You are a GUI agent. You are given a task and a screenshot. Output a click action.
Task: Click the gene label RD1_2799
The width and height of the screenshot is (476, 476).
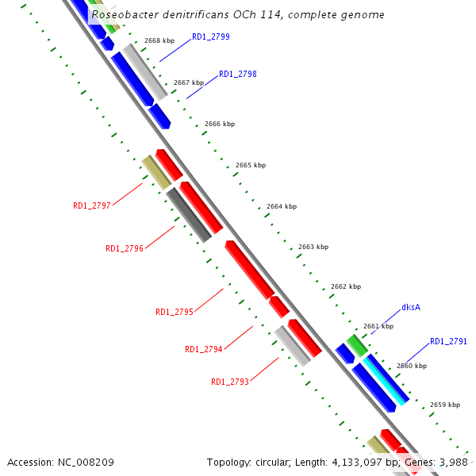(x=211, y=37)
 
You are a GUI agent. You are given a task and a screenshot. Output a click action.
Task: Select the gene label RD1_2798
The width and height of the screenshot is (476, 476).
(x=238, y=74)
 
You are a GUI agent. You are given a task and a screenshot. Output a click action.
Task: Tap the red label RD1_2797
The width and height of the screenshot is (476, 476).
(x=92, y=205)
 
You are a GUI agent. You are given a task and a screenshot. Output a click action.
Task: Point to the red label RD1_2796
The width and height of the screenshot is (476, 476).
(x=125, y=248)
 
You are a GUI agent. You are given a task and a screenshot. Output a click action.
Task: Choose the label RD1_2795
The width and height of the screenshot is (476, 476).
(x=175, y=312)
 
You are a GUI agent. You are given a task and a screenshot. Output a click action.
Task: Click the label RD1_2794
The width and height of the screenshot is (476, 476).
(x=204, y=349)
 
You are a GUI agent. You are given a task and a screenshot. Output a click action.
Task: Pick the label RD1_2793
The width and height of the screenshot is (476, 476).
(x=230, y=382)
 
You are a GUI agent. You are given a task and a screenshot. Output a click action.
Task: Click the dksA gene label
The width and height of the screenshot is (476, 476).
(x=411, y=307)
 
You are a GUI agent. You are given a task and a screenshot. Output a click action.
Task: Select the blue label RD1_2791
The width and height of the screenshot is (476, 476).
(x=448, y=341)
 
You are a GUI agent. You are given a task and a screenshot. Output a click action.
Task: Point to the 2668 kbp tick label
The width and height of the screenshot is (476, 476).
(x=159, y=40)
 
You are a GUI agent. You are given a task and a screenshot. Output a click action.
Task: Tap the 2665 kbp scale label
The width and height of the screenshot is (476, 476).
(x=251, y=165)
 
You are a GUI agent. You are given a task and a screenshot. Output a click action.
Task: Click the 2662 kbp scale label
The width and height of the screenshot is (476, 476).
(x=346, y=286)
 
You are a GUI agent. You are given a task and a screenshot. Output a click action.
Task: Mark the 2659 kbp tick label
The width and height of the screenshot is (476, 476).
(x=444, y=405)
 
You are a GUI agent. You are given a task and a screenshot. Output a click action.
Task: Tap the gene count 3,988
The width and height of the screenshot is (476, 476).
(x=453, y=462)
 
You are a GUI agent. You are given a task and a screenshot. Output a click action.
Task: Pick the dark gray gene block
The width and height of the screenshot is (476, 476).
(x=189, y=214)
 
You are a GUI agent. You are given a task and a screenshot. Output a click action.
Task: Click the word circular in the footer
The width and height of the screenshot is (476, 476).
(x=278, y=462)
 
